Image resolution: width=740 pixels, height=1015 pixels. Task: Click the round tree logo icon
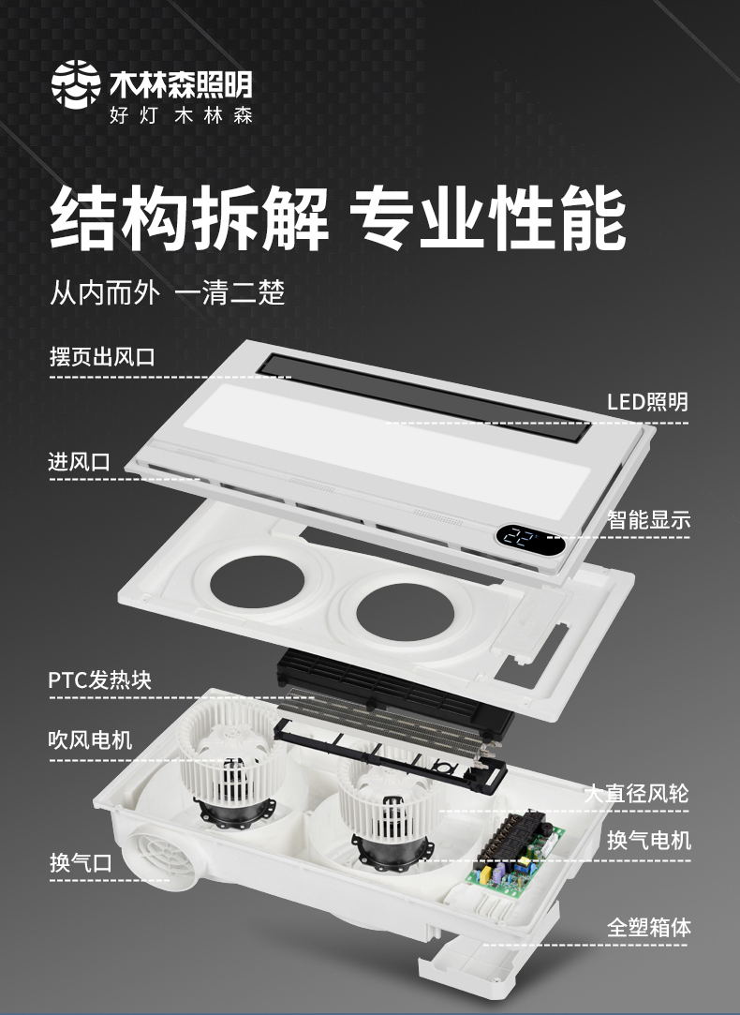pyautogui.click(x=76, y=82)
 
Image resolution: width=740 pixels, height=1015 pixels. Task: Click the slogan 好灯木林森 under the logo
pyautogui.click(x=181, y=116)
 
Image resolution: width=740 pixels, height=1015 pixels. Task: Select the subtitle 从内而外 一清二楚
pyautogui.click(x=168, y=293)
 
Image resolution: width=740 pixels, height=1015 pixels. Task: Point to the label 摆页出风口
pyautogui.click(x=102, y=357)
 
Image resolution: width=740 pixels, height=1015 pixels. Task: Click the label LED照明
pyautogui.click(x=647, y=402)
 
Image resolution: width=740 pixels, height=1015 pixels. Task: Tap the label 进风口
pyautogui.click(x=79, y=462)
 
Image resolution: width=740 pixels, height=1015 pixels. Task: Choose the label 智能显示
pyautogui.click(x=649, y=519)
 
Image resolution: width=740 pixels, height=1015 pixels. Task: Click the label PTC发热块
pyautogui.click(x=99, y=680)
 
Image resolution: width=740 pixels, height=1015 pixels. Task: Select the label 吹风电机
pyautogui.click(x=90, y=739)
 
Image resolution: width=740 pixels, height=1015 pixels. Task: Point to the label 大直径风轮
pyautogui.click(x=637, y=794)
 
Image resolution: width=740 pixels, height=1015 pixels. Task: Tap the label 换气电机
pyautogui.click(x=649, y=841)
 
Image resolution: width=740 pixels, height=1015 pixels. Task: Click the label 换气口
pyautogui.click(x=81, y=863)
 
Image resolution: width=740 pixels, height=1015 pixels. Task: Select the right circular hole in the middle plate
pyautogui.click(x=397, y=610)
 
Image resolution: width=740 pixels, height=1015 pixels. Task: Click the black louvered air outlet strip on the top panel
pyautogui.click(x=425, y=397)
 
